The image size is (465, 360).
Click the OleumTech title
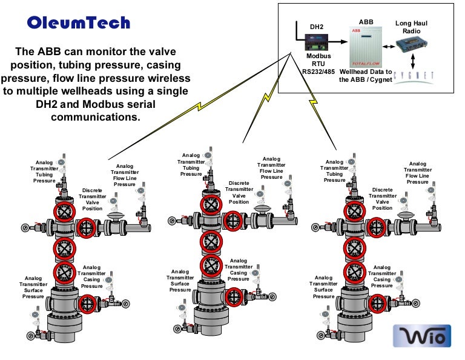pyautogui.click(x=79, y=23)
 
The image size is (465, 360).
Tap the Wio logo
pyautogui.click(x=422, y=335)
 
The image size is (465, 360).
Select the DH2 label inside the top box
pyautogui.click(x=317, y=27)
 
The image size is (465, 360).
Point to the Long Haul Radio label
pyautogui.click(x=411, y=27)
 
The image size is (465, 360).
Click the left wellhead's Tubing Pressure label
pyautogui.click(x=44, y=172)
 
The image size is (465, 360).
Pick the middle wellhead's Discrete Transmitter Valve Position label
pyautogui.click(x=239, y=192)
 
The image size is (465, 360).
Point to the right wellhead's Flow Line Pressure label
pyautogui.click(x=417, y=173)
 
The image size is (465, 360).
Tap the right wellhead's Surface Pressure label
pyautogui.click(x=323, y=287)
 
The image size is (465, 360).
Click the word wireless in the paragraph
pyautogui.click(x=168, y=79)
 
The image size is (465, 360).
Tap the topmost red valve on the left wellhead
pyautogui.click(x=64, y=212)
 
